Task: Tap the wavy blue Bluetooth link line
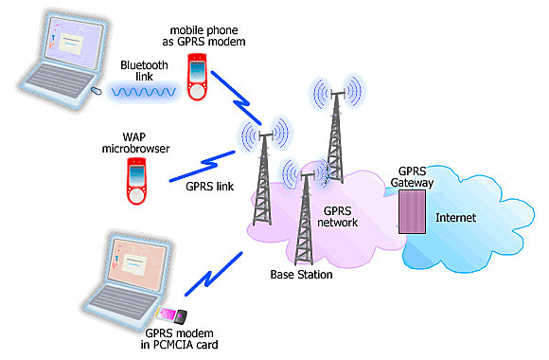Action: (x=143, y=93)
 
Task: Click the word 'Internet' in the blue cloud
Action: (x=454, y=218)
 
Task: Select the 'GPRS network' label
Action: (x=340, y=216)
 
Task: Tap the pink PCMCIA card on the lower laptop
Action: (x=171, y=315)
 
